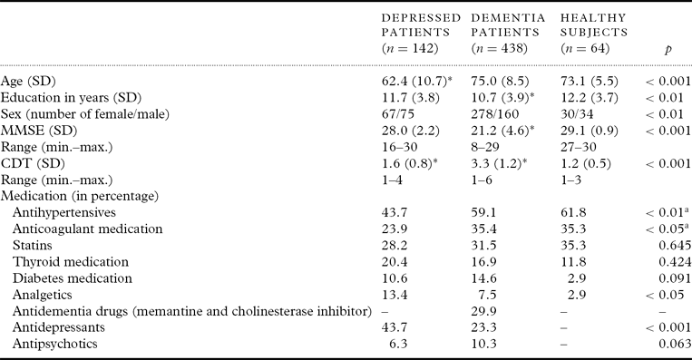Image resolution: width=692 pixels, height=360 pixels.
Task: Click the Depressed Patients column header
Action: tap(421, 33)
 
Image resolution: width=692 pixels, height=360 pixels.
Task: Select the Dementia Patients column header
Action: tap(508, 33)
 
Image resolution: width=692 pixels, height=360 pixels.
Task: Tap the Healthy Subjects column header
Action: tap(594, 33)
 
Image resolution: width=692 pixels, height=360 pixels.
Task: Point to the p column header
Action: tap(668, 49)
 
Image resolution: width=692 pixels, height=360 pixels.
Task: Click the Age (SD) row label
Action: tap(28, 82)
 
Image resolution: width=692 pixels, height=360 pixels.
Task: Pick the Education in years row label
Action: tap(71, 98)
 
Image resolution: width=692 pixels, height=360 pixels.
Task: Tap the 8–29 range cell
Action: tap(484, 147)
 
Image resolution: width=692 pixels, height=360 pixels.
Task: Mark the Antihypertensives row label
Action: tap(64, 213)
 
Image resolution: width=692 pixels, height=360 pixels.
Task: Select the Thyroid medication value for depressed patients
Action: tap(395, 262)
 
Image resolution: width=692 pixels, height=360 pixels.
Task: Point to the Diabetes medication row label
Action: tap(73, 278)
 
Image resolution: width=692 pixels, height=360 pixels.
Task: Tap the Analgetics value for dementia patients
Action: tap(487, 295)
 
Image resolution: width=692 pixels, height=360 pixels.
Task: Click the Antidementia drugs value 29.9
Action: tap(483, 311)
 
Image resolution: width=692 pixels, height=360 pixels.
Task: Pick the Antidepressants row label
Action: tap(59, 327)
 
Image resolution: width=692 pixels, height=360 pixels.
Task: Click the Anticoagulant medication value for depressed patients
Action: tap(395, 229)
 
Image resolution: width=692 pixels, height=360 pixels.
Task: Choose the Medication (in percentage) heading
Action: tap(80, 197)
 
